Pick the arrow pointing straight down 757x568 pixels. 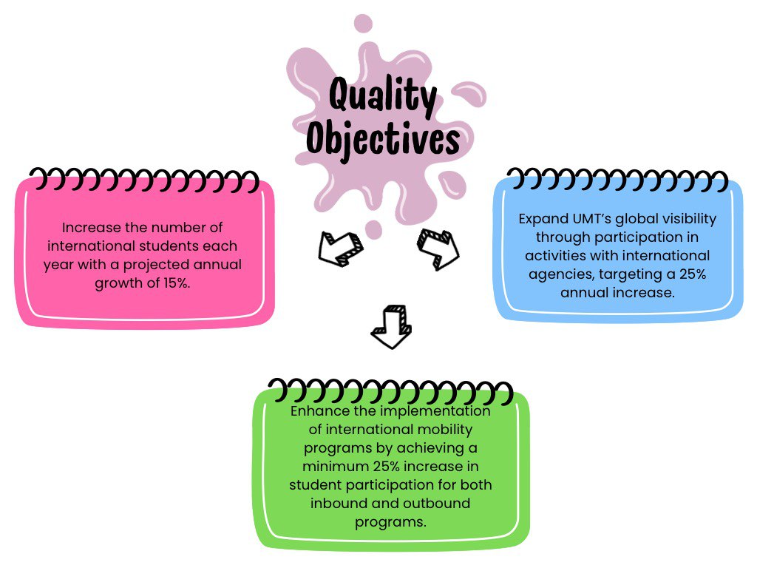[390, 326]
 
